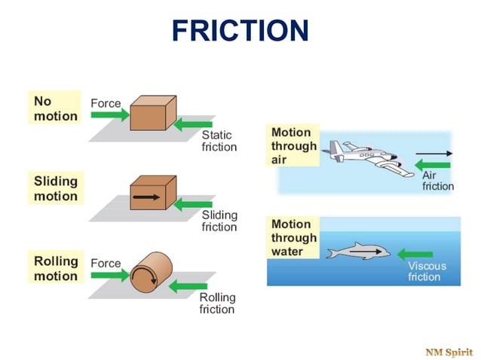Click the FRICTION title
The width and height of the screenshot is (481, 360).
click(x=240, y=31)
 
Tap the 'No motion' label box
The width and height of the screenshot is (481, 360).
click(x=55, y=108)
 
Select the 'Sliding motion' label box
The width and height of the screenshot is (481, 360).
click(x=55, y=188)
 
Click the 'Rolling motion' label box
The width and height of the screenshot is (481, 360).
click(x=55, y=268)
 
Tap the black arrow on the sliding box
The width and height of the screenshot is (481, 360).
click(x=146, y=197)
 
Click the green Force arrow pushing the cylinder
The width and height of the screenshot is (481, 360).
click(x=110, y=276)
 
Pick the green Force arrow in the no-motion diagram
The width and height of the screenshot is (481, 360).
click(x=110, y=115)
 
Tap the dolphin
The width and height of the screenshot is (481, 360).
click(x=357, y=251)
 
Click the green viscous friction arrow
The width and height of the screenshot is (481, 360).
click(x=415, y=254)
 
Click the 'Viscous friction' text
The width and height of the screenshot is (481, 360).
click(x=427, y=271)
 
